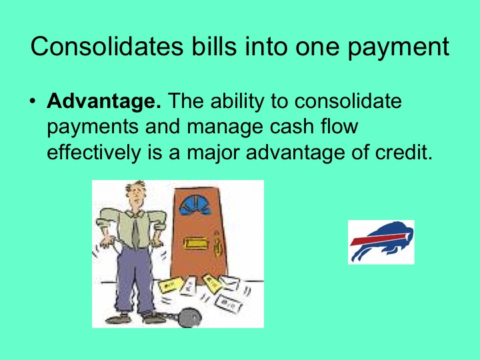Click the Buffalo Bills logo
tap(381, 242)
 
